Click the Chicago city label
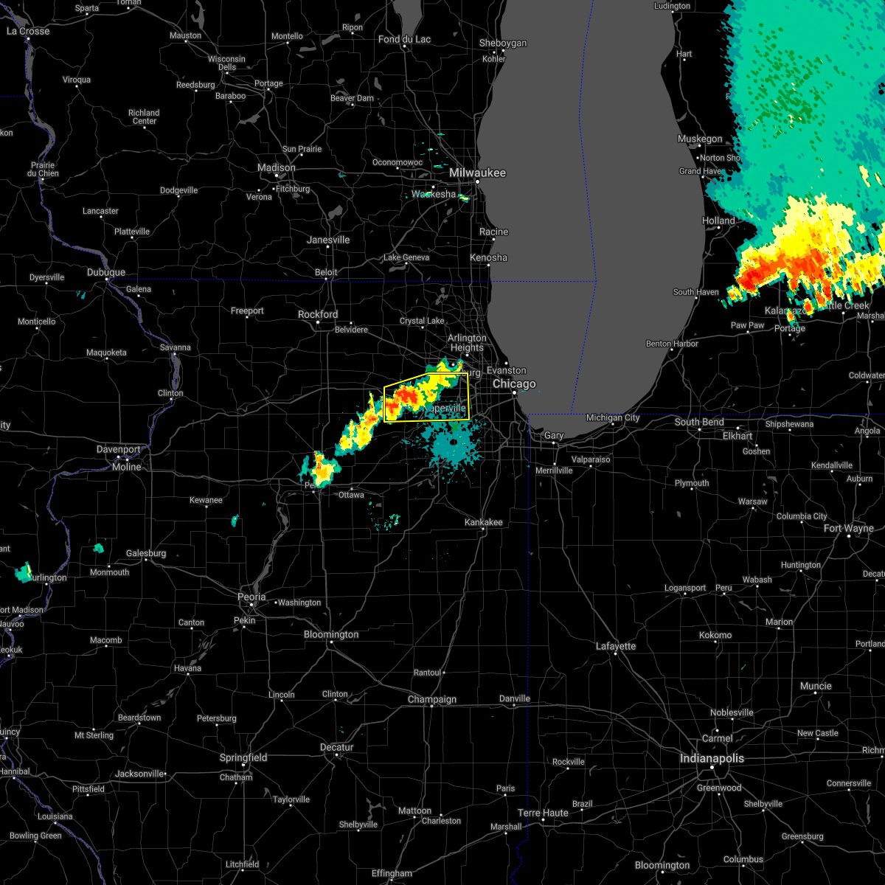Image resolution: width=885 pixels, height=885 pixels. click(x=514, y=384)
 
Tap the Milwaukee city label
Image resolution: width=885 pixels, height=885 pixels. click(x=478, y=173)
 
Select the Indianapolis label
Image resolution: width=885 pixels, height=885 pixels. click(x=712, y=758)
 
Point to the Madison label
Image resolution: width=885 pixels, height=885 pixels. click(x=277, y=167)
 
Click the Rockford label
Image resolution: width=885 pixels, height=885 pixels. click(x=318, y=314)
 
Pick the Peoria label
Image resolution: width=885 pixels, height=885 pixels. click(x=251, y=597)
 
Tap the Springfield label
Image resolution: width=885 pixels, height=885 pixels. click(x=243, y=757)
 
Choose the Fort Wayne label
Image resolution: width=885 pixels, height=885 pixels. click(x=848, y=528)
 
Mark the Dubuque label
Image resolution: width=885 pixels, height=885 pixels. click(x=106, y=272)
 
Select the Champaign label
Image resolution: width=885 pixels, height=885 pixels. click(x=432, y=699)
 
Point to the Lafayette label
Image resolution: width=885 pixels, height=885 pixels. click(x=616, y=646)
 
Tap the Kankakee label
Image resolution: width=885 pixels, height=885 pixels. click(x=484, y=522)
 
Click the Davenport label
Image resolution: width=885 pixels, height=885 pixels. click(x=119, y=449)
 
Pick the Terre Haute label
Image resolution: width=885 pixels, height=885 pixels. click(x=543, y=813)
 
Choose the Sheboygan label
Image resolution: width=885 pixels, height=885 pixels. click(x=503, y=44)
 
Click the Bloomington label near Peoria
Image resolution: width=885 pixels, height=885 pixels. click(x=331, y=634)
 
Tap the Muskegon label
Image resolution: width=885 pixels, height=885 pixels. click(x=700, y=139)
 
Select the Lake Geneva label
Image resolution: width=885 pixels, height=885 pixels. click(x=406, y=257)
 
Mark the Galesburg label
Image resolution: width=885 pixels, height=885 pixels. click(x=146, y=553)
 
